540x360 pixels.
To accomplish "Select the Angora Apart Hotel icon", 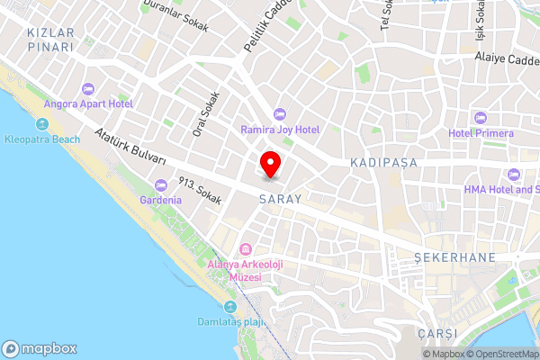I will coord(87,89).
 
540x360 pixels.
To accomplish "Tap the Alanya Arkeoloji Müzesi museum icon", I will coord(245,249).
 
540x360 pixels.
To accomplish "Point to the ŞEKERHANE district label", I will coord(454,257).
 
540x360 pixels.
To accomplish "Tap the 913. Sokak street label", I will coord(200,192).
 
